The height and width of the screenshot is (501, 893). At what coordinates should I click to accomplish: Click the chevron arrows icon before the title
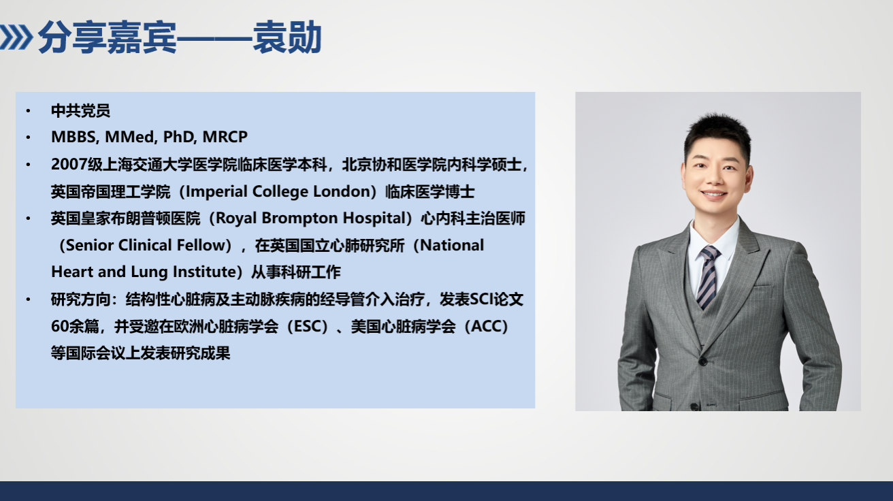pyautogui.click(x=15, y=37)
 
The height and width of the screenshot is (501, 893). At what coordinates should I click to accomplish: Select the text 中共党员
pyautogui.click(x=80, y=111)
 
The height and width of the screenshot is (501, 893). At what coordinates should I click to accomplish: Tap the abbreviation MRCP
pyautogui.click(x=225, y=137)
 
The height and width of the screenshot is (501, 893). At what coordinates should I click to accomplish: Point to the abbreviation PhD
pyautogui.click(x=180, y=137)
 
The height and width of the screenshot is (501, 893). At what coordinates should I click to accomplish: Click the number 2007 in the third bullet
pyautogui.click(x=69, y=164)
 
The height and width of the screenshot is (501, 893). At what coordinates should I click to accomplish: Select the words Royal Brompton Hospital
pyautogui.click(x=311, y=219)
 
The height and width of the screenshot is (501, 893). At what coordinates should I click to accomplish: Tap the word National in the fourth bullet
pyautogui.click(x=452, y=245)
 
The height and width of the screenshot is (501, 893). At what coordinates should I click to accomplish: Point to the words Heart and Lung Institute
pyautogui.click(x=144, y=272)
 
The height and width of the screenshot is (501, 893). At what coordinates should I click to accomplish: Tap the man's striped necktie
pyautogui.click(x=708, y=276)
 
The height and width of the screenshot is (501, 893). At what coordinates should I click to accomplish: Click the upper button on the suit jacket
pyautogui.click(x=703, y=361)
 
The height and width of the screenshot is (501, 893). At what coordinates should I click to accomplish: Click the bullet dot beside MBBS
pyautogui.click(x=28, y=138)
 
